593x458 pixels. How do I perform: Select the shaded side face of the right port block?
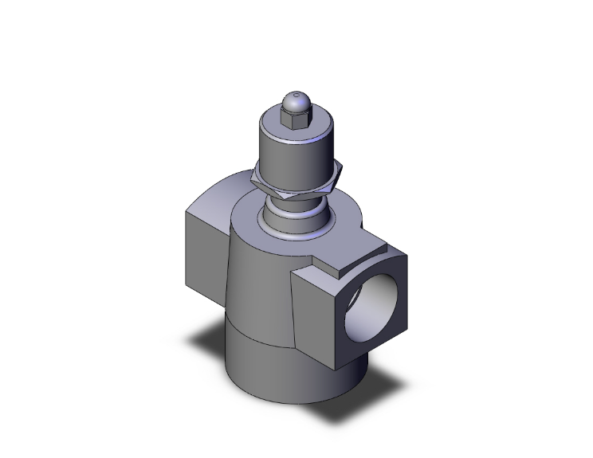tap(312, 311)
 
